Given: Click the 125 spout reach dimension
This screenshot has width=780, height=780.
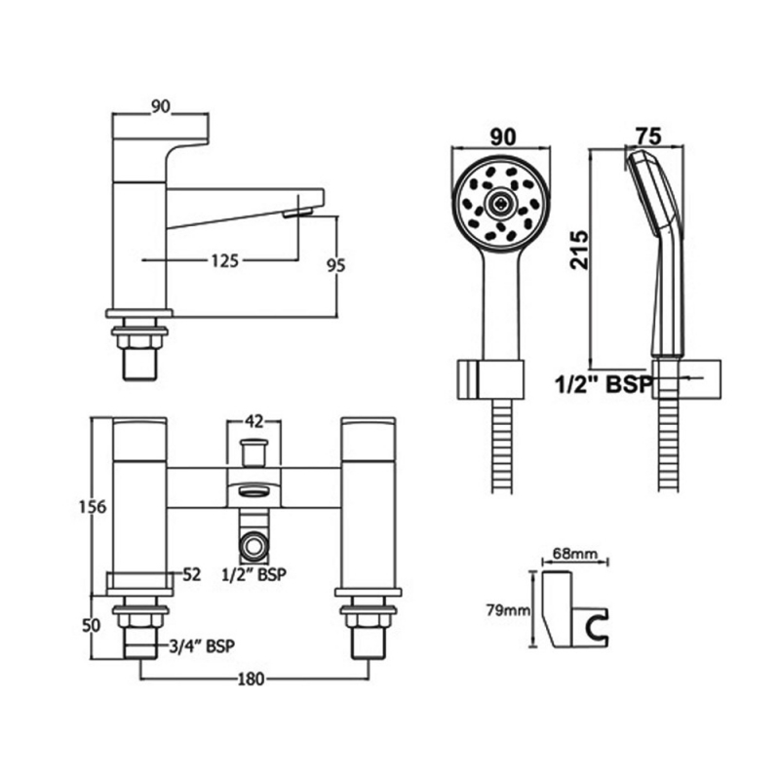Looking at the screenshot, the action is pos(225,260).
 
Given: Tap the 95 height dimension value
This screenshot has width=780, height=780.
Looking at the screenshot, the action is pos(335,266).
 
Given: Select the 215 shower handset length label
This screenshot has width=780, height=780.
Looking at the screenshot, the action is pos(579,250).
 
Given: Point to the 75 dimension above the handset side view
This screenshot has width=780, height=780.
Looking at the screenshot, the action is pos(649,136).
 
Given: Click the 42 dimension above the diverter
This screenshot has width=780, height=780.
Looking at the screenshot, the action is pos(254,422).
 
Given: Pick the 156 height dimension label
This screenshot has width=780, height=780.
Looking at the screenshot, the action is pos(93,507).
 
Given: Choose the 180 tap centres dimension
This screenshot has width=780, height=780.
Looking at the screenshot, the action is pos(252,679).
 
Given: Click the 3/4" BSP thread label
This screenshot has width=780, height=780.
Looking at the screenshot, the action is pos(202,646).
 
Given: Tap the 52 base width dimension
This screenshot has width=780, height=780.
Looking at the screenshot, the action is pos(191,575).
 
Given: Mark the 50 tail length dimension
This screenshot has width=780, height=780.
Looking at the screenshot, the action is pos(92,626).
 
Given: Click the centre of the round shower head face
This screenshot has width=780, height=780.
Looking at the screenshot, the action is pos(500,201).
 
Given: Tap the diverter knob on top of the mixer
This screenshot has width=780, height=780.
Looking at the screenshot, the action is pos(253,451).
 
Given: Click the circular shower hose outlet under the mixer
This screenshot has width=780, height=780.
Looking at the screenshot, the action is pos(253,545).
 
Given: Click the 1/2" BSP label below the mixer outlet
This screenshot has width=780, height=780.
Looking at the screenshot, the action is pos(254,574).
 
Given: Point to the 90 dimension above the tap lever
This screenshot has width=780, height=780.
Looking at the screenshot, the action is pos(161,106).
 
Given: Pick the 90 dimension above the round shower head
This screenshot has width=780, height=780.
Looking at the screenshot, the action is pos(503,137).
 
